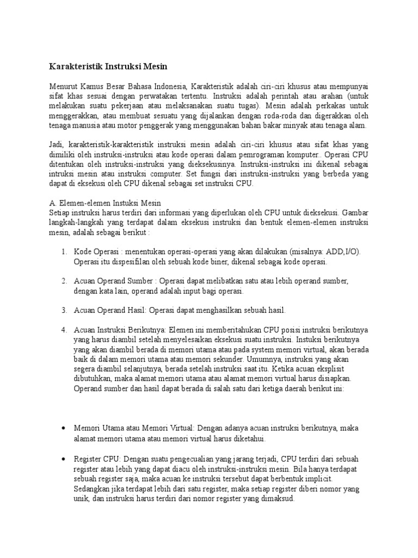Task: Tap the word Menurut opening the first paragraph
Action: click(x=63, y=86)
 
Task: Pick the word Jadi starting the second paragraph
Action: click(x=57, y=144)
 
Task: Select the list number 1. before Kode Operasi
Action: click(x=64, y=252)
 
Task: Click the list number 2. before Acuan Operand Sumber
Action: click(x=64, y=281)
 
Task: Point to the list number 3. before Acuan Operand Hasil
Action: click(x=64, y=310)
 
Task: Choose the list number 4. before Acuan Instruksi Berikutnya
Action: click(x=64, y=330)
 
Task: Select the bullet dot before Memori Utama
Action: click(x=64, y=428)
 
